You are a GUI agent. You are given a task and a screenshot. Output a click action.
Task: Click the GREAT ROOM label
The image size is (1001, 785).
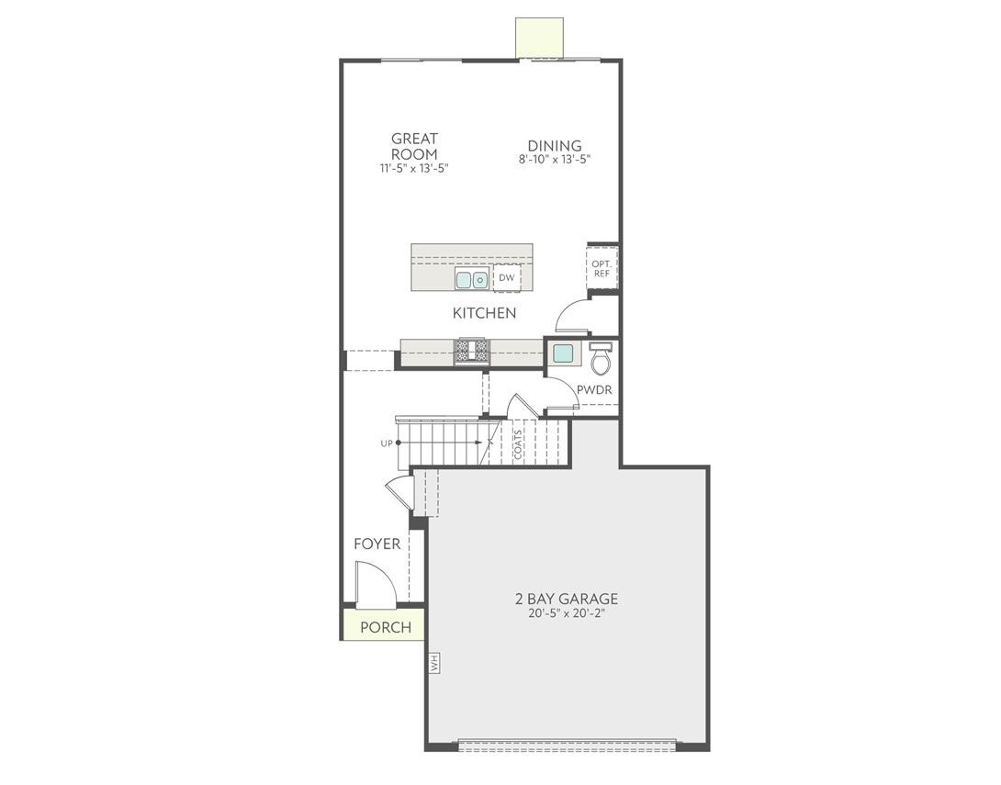[x=414, y=147]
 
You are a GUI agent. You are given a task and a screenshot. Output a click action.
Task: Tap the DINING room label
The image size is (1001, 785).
[x=554, y=146]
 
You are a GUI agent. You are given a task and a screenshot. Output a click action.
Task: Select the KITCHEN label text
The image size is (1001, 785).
[x=484, y=313]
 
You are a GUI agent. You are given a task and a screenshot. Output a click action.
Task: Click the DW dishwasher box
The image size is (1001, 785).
[x=507, y=278]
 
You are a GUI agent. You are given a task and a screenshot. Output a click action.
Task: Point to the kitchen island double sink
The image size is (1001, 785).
[x=472, y=280]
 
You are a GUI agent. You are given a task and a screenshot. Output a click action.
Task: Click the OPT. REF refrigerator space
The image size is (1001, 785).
[x=602, y=268]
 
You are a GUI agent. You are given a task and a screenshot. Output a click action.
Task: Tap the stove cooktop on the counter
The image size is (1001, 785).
[x=472, y=351]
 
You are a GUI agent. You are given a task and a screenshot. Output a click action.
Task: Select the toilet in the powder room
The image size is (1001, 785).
[x=601, y=359]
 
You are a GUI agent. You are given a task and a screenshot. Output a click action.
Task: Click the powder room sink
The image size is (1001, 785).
[x=563, y=353]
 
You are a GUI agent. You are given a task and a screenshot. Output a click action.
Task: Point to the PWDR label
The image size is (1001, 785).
[x=594, y=389]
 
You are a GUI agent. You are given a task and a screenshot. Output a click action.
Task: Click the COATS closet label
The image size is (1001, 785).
[x=518, y=444]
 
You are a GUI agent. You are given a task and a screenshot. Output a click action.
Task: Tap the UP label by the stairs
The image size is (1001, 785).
[x=386, y=443]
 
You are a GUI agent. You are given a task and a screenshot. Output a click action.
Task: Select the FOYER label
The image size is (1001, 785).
[x=377, y=544]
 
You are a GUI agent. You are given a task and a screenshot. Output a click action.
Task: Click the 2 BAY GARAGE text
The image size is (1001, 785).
[x=566, y=600]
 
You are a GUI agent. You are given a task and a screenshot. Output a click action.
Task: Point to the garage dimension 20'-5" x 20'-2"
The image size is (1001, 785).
[x=566, y=614]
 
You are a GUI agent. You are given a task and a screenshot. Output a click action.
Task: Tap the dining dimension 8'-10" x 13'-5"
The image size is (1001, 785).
[x=554, y=159]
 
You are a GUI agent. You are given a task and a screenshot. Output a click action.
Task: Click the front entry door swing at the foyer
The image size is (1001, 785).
[x=375, y=585]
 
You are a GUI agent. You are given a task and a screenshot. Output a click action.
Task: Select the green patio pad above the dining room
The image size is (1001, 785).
[x=539, y=38]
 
